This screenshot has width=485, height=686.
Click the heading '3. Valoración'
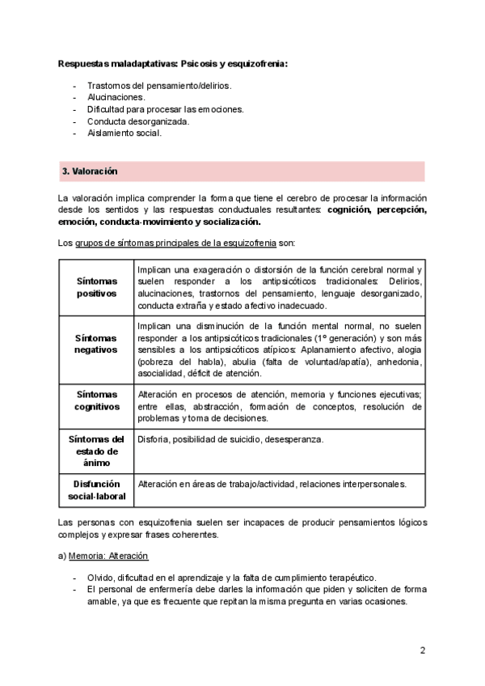[x=90, y=171]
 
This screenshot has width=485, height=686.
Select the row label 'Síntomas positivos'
[x=96, y=286]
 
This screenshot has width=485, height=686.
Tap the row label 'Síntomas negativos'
[x=96, y=344]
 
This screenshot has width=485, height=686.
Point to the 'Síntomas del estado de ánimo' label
[x=96, y=451]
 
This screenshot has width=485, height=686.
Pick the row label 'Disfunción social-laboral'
[x=96, y=490]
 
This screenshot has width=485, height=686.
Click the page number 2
[x=422, y=650]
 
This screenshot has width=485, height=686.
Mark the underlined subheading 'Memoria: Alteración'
[x=108, y=557]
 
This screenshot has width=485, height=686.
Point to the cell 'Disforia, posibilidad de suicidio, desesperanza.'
[x=230, y=439]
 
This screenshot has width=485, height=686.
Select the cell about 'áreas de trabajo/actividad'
[x=272, y=484]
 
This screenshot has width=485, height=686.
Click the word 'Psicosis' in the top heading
[x=192, y=63]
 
